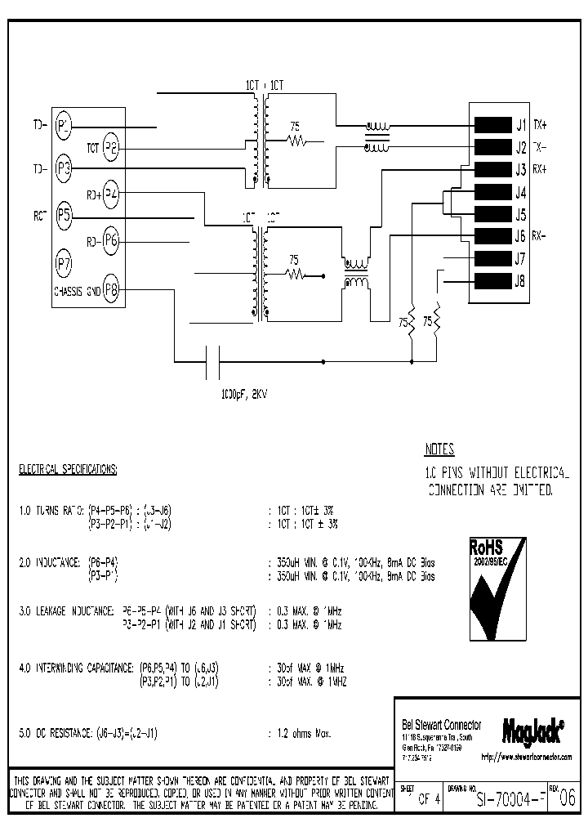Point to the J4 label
coord(520,194)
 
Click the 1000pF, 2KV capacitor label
coord(243,394)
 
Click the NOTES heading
coord(439,449)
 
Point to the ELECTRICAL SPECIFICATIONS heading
coord(69,470)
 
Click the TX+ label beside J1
coord(541,125)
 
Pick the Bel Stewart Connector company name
coord(440,725)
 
